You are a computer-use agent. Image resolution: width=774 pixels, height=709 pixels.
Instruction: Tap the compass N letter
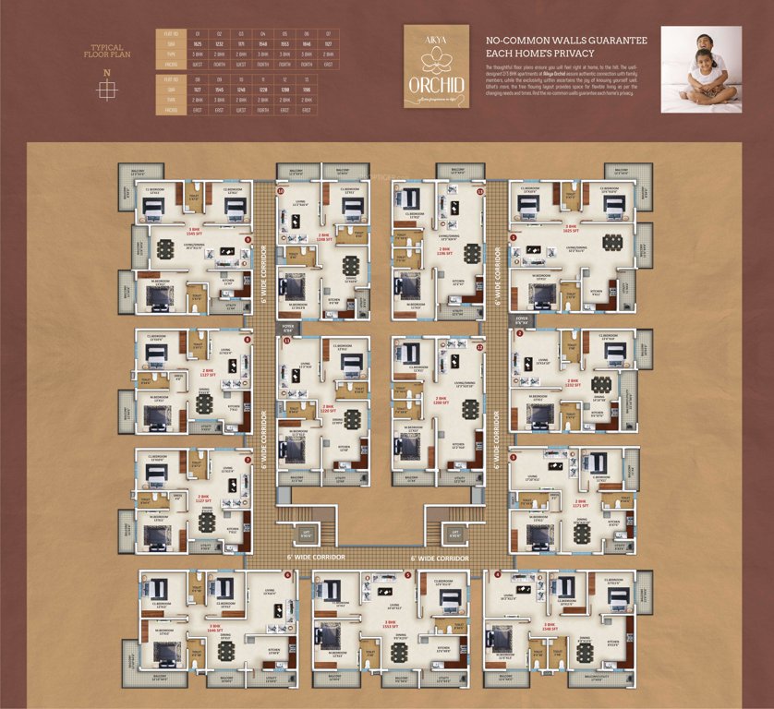click(x=106, y=72)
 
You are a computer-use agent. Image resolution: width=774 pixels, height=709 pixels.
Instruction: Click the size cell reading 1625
click(x=197, y=43)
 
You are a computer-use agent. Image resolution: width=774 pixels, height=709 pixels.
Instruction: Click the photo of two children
click(x=700, y=69)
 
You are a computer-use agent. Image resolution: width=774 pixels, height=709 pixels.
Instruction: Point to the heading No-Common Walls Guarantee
click(x=565, y=48)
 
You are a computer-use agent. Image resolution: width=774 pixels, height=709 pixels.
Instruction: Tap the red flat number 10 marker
click(x=281, y=190)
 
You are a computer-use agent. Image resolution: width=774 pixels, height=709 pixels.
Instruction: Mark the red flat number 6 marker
click(x=288, y=575)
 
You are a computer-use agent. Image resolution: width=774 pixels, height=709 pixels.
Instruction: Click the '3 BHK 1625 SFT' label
click(x=573, y=228)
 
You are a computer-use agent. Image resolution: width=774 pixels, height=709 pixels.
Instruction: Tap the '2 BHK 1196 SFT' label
click(x=444, y=249)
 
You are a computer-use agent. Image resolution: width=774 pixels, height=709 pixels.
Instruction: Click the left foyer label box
click(x=287, y=327)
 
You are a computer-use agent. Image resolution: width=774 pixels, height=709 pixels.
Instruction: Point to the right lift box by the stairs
click(x=452, y=533)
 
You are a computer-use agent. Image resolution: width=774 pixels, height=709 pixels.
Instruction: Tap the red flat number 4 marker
click(x=498, y=575)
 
